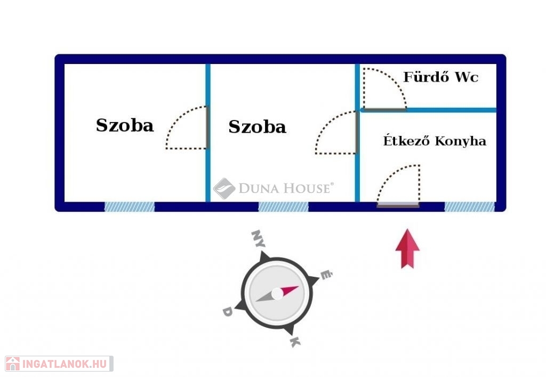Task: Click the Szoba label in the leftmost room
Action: pyautogui.click(x=125, y=125)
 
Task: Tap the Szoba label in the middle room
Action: pyautogui.click(x=258, y=127)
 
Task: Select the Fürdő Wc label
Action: pyautogui.click(x=441, y=77)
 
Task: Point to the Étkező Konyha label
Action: pyautogui.click(x=435, y=141)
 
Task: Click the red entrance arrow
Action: pyautogui.click(x=407, y=248)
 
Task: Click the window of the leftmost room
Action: pyautogui.click(x=130, y=207)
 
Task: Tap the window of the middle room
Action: pyautogui.click(x=283, y=207)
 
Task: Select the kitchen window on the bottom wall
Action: pyautogui.click(x=469, y=207)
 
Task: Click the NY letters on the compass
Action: pyautogui.click(x=258, y=238)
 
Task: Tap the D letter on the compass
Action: pyautogui.click(x=227, y=311)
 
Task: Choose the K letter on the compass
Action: pyautogui.click(x=295, y=342)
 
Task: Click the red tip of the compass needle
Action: pyautogui.click(x=290, y=290)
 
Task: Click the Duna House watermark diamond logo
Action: pyautogui.click(x=224, y=189)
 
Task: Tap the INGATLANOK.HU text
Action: pyautogui.click(x=65, y=364)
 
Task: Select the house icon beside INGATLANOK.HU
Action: pyautogui.click(x=13, y=364)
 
